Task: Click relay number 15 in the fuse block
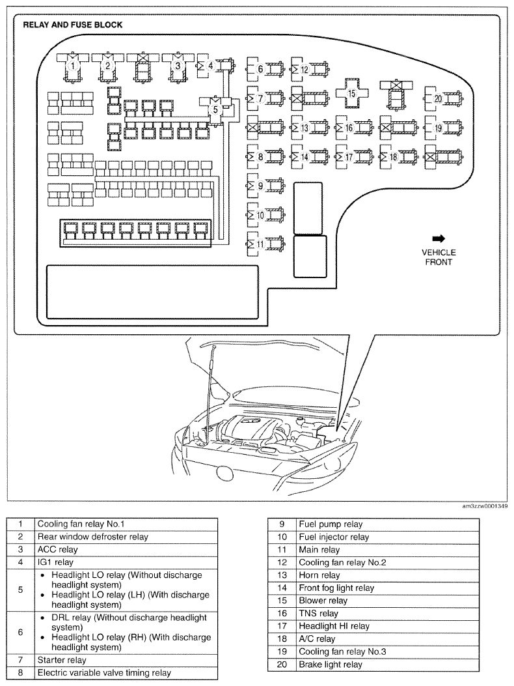tap(351, 93)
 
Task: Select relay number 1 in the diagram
tap(74, 66)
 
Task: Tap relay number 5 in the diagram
tap(215, 110)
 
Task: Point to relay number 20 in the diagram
tap(438, 98)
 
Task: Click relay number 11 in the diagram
tap(260, 244)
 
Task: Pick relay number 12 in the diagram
tap(304, 69)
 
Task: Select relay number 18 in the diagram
tap(393, 157)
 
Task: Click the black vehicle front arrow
tap(438, 238)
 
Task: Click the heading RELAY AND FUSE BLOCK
tap(73, 25)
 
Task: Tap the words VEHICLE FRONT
tap(439, 257)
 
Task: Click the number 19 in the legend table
tap(283, 651)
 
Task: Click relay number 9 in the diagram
tap(260, 186)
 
